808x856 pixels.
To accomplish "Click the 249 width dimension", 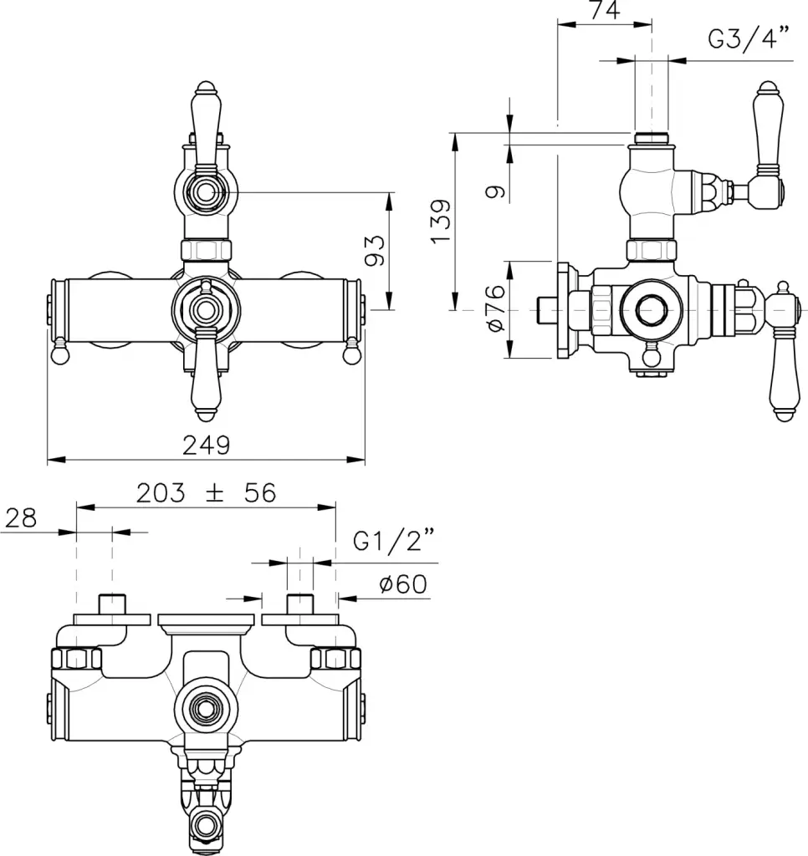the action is [x=206, y=445].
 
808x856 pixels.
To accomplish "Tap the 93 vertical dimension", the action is [x=376, y=251].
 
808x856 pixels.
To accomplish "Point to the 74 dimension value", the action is [x=605, y=10].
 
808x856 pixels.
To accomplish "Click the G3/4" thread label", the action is [x=749, y=38].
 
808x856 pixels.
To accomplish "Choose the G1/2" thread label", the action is [x=393, y=541].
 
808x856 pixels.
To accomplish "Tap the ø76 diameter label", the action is [x=495, y=308].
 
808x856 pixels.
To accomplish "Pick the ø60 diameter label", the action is [x=403, y=584].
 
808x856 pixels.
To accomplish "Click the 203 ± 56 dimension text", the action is [x=206, y=493].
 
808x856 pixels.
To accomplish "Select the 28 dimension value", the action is [x=21, y=517].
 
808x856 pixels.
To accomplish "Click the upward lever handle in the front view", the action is [x=206, y=125].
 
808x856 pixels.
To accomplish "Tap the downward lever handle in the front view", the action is [x=206, y=377].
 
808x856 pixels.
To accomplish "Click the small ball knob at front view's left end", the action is [x=59, y=354].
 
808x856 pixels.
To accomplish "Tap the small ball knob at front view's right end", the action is [x=352, y=354].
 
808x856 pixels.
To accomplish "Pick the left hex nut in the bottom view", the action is [x=76, y=658].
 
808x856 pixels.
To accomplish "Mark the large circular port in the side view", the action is [x=651, y=310].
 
